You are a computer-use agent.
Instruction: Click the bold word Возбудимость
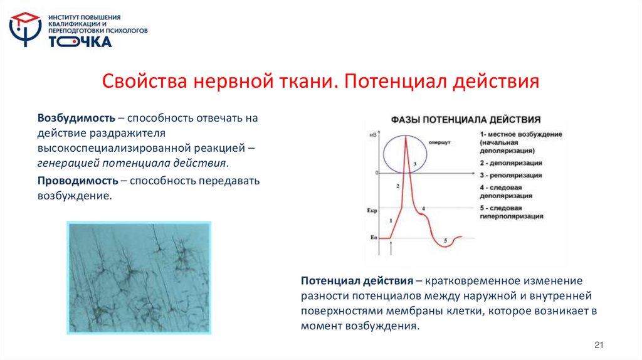coord(76,118)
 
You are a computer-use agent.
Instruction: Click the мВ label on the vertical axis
coord(374,134)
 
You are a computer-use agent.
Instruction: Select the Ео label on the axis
coord(373,238)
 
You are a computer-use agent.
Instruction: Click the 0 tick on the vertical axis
coord(376,172)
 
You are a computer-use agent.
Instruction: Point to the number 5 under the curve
coord(445,240)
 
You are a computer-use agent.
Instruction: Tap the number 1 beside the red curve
coord(391,220)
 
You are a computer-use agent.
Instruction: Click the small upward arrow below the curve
coord(391,249)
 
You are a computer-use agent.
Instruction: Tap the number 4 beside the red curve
coord(424,208)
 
